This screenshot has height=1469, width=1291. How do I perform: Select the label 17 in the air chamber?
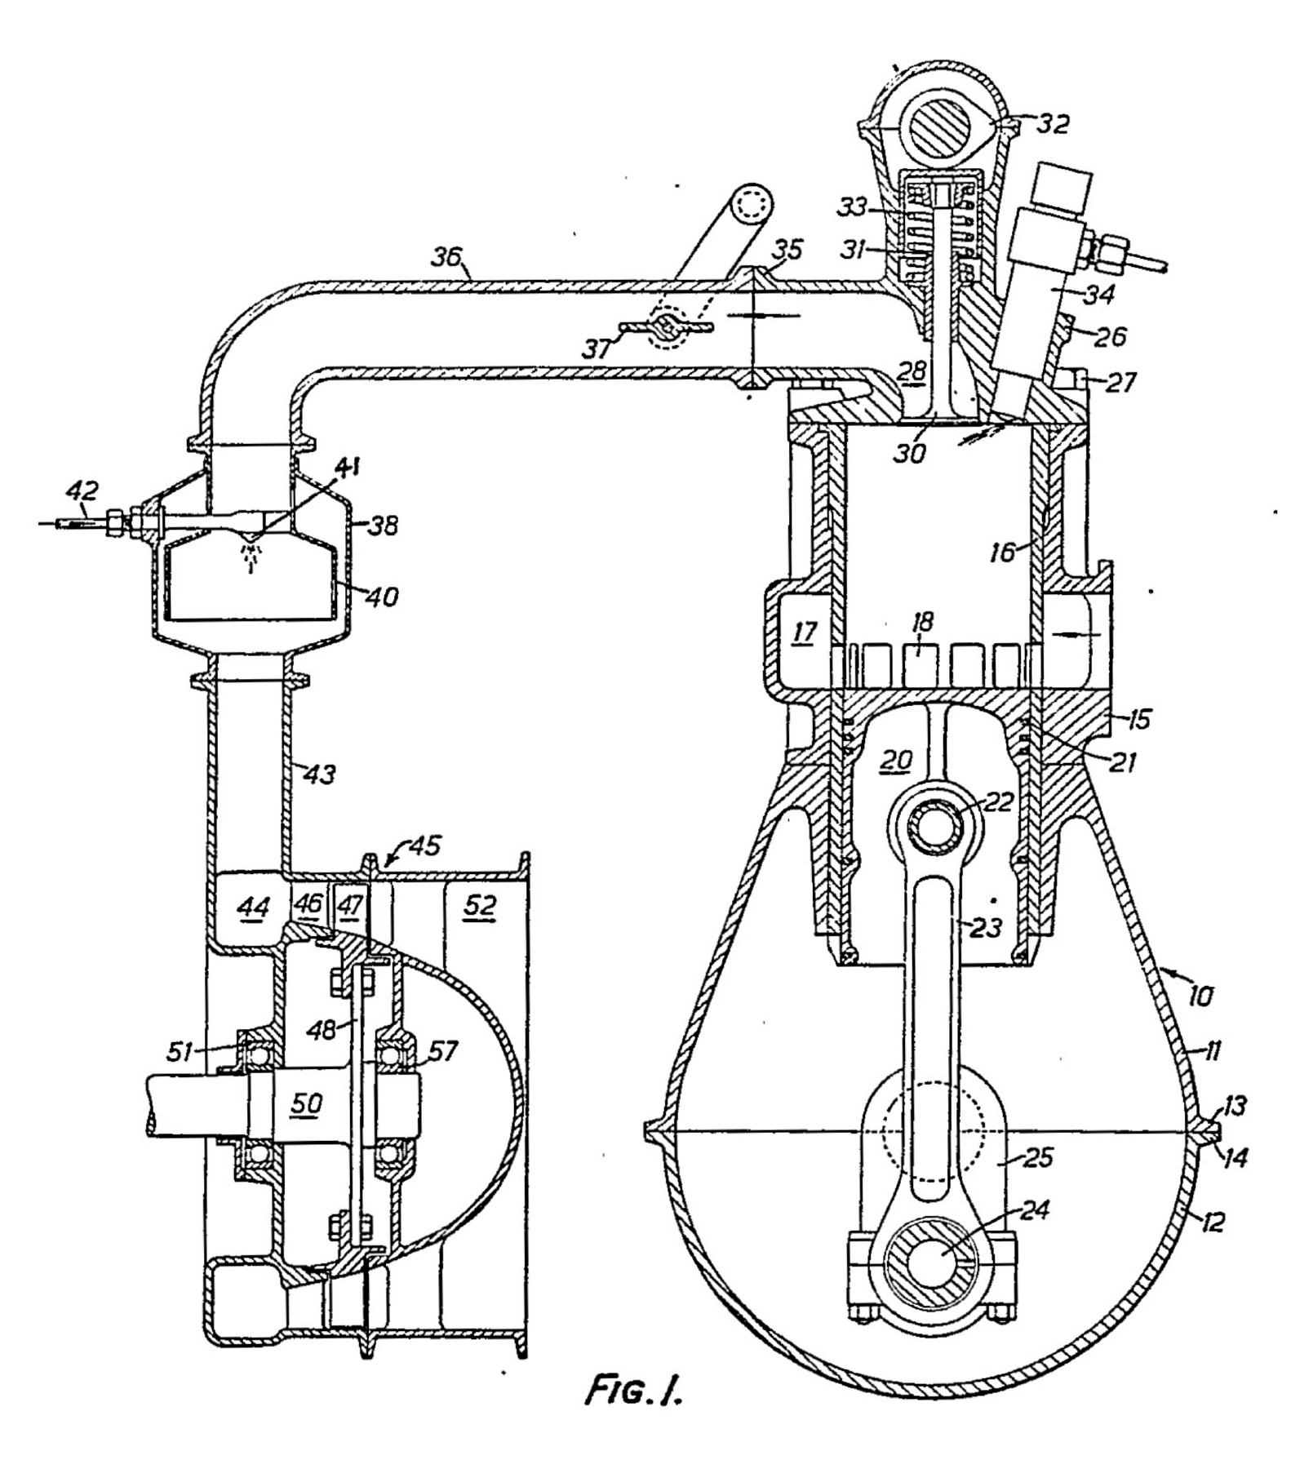coord(804,632)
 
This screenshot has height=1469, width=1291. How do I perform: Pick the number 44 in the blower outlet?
coord(251,908)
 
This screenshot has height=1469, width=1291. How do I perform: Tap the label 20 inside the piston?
coord(895,759)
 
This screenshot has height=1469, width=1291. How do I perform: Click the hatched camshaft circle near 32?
coord(947,126)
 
